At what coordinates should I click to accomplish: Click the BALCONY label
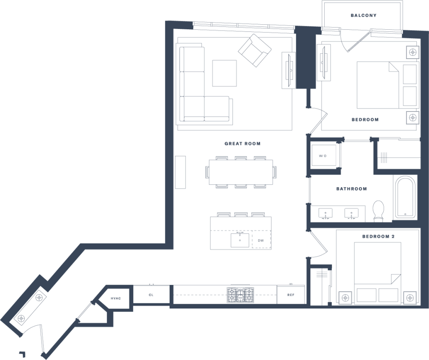pos(364,16)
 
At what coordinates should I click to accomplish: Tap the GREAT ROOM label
pos(243,143)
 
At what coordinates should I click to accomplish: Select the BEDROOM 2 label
pos(378,236)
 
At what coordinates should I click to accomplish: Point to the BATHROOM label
pos(351,189)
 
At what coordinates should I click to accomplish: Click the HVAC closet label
pos(116,298)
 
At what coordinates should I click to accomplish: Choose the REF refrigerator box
pos(291,295)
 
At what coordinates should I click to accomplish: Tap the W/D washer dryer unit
pos(324,155)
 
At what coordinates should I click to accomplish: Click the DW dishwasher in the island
pos(261,240)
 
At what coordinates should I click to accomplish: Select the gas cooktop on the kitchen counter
pos(240,295)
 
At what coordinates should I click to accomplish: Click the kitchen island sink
pos(240,240)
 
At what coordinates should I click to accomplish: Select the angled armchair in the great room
pos(255,51)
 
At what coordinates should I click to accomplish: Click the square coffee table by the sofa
pos(225,73)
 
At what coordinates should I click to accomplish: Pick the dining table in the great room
pos(241,172)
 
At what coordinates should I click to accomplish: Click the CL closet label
pos(151,295)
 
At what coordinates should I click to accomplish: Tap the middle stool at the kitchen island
pos(241,214)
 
